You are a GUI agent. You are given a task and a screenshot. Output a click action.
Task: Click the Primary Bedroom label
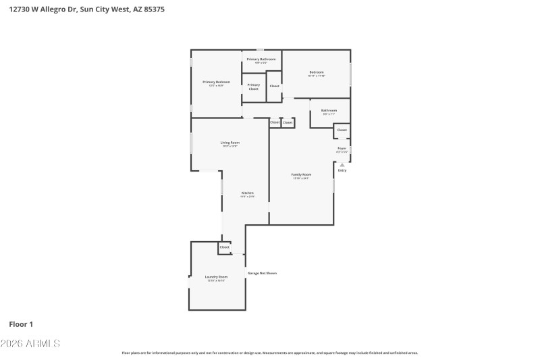217,82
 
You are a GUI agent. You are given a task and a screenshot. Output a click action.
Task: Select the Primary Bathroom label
261,59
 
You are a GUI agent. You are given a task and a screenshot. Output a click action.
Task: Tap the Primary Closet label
254,86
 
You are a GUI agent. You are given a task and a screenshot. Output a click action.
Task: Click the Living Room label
230,143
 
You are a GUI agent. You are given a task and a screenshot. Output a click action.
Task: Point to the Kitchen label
248,193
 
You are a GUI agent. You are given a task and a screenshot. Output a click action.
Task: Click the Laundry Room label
216,277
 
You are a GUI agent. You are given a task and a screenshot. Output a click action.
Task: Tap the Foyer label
342,148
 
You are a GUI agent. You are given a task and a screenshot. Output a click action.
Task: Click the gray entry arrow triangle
342,164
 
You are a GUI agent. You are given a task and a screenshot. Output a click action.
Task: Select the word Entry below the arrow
342,170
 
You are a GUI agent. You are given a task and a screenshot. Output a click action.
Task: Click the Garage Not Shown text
262,273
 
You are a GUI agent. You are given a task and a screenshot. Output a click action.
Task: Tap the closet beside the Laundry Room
225,247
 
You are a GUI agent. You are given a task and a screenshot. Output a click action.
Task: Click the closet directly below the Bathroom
342,130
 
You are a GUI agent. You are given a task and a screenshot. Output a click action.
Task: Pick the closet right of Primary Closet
275,86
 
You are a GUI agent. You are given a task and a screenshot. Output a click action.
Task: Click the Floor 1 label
21,324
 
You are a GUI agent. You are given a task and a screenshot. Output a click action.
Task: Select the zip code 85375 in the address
153,9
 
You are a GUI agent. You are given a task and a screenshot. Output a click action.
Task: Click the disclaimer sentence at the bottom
269,353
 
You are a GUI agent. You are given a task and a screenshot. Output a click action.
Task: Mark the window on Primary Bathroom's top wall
261,49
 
